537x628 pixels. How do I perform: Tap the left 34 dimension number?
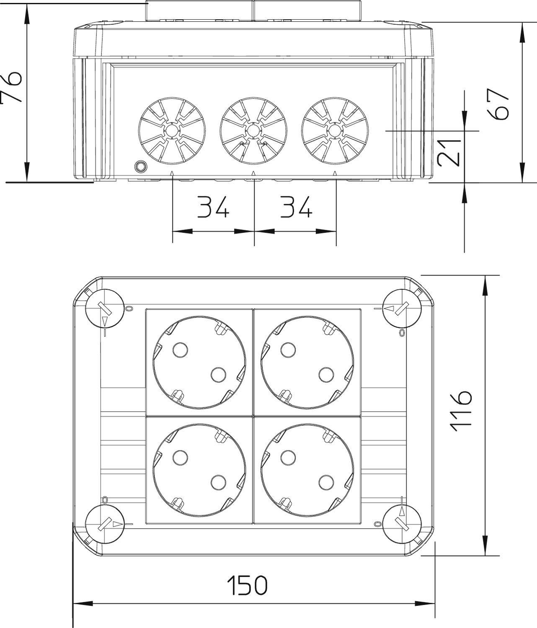[213, 207]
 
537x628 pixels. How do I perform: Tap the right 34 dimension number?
[296, 207]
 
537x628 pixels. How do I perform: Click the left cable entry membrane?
[172, 131]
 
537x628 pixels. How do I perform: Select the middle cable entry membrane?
[253, 131]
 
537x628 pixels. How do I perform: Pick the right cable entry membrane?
[335, 131]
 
